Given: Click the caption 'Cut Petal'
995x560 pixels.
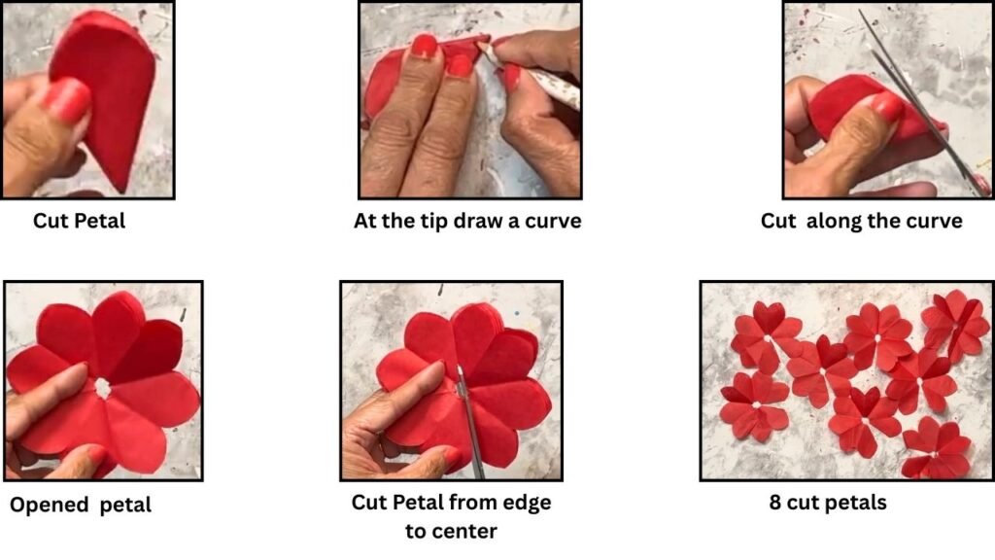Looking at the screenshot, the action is (x=80, y=221).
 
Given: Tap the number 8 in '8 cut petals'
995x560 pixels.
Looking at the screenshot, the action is (x=774, y=503).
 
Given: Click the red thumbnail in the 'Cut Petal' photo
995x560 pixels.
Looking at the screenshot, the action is (x=67, y=99).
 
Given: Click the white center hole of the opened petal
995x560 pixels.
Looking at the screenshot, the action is (x=101, y=388).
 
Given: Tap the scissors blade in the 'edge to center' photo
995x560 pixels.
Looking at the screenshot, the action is (x=469, y=419).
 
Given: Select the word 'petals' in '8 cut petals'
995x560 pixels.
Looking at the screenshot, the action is (x=856, y=503).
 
